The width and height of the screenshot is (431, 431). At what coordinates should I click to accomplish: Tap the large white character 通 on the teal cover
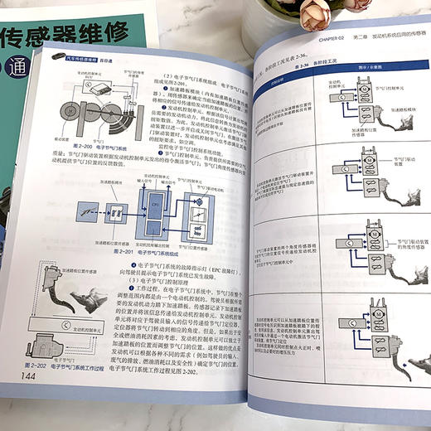(14, 69)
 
